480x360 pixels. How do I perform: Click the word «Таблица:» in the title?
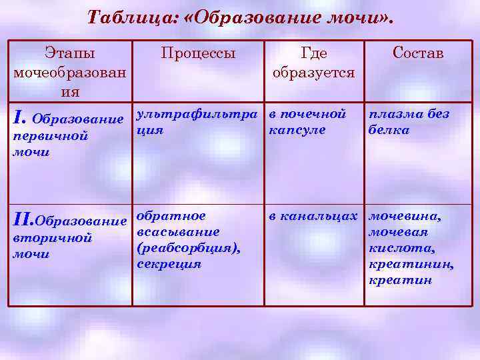pyautogui.click(x=127, y=17)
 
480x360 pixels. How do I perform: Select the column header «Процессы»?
pyautogui.click(x=198, y=53)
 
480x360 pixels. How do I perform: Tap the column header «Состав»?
pyautogui.click(x=417, y=53)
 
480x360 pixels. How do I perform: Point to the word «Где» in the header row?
pyautogui.click(x=313, y=53)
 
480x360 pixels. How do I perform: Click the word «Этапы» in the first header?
pyautogui.click(x=70, y=53)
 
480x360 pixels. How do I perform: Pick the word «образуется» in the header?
pyautogui.click(x=313, y=72)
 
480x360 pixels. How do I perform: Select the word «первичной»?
pyautogui.click(x=51, y=136)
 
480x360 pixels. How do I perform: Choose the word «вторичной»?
pyautogui.click(x=53, y=238)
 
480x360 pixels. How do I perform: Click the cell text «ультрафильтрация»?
pyautogui.click(x=198, y=121)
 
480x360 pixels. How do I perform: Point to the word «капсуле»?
pyautogui.click(x=297, y=130)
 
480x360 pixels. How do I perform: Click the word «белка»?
pyautogui.click(x=389, y=130)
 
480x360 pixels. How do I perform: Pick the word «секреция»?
pyautogui.click(x=169, y=264)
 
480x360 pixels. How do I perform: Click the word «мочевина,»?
pyautogui.click(x=405, y=217)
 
